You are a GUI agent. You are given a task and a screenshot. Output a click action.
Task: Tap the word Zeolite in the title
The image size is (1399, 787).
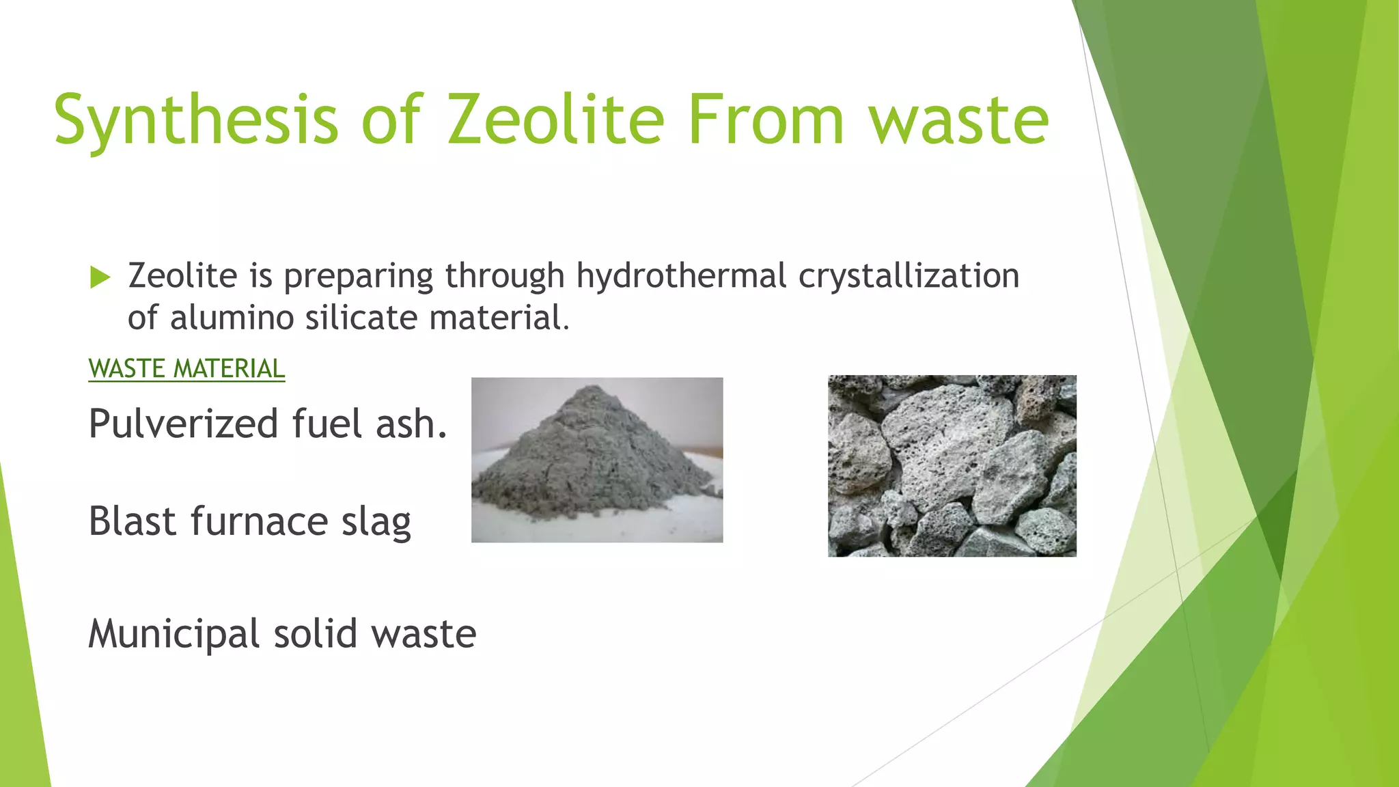tap(555, 120)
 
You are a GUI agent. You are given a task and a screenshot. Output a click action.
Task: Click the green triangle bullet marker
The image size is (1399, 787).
tap(100, 277)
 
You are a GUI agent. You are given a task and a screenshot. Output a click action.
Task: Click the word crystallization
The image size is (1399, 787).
tap(909, 276)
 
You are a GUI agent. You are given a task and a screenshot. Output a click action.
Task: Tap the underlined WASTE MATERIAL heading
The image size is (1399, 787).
tap(186, 369)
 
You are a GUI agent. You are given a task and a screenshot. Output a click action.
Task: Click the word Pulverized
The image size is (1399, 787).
tap(183, 424)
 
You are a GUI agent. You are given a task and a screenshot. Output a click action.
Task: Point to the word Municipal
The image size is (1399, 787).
tap(174, 634)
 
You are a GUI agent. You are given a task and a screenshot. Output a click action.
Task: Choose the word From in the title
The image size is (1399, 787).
tap(766, 120)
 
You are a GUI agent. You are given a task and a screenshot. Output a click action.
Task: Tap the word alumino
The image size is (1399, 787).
tap(232, 318)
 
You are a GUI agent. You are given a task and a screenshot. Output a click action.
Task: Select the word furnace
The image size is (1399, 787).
tap(260, 521)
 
